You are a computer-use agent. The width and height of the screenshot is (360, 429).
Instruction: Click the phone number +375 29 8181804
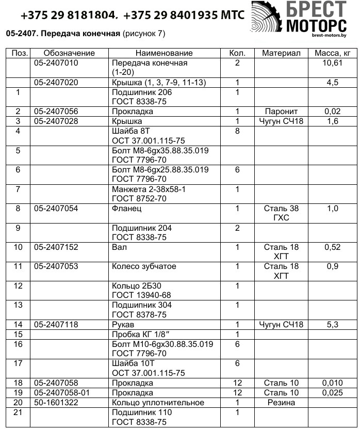click(68, 14)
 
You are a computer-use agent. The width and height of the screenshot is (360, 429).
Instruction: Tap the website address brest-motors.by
click(329, 36)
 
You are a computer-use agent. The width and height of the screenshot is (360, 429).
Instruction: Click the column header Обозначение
click(69, 53)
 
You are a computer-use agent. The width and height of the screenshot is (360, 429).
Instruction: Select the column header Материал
click(281, 53)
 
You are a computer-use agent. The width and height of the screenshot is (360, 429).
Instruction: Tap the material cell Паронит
click(281, 112)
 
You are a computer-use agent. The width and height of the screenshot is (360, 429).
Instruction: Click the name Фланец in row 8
click(126, 209)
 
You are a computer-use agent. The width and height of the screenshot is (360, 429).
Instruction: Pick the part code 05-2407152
click(56, 247)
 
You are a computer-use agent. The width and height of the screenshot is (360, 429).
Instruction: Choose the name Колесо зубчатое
click(144, 266)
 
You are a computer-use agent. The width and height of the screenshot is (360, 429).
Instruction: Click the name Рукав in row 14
click(123, 325)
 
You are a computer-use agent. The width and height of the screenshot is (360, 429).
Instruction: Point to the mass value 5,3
click(333, 325)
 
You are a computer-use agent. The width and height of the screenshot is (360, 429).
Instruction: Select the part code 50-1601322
click(56, 403)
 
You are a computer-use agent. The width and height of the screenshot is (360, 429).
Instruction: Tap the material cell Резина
click(281, 403)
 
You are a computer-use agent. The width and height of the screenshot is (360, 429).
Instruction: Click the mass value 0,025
click(333, 393)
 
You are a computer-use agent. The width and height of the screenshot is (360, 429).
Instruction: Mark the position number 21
click(18, 412)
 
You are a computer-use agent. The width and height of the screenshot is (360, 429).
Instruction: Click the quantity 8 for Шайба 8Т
click(237, 131)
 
